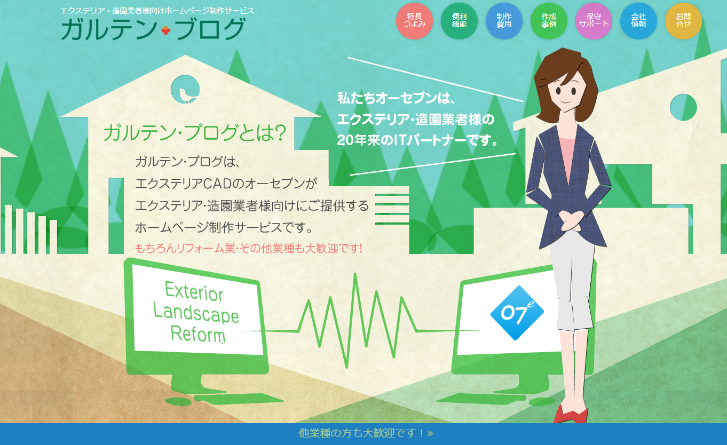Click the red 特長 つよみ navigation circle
(414, 21)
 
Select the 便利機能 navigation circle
(459, 21)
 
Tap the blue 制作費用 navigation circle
(504, 21)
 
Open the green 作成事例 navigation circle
(549, 21)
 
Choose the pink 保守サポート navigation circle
(594, 21)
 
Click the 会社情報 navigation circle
(638, 21)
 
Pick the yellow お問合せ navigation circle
(683, 21)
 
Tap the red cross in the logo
(165, 31)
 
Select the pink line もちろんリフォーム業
(249, 248)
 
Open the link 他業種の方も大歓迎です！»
(366, 433)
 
